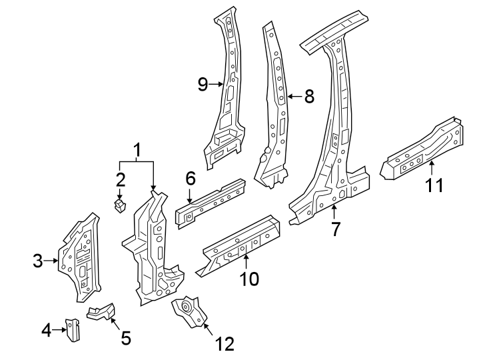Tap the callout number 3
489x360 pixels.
click(x=38, y=261)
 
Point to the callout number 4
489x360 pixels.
click(x=46, y=329)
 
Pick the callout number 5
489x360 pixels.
click(x=125, y=338)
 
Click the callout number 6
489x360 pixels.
click(x=190, y=178)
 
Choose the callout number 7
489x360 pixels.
click(x=336, y=229)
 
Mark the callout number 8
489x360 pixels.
click(x=308, y=96)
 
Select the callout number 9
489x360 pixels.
click(x=204, y=84)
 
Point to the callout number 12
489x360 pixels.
click(x=225, y=343)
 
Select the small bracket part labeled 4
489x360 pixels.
click(x=72, y=329)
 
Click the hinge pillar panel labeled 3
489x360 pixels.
click(x=79, y=254)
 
